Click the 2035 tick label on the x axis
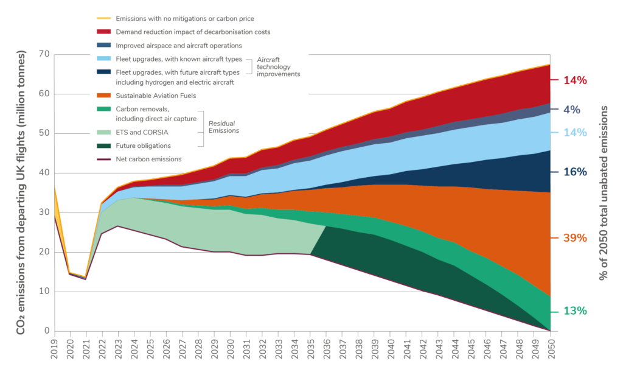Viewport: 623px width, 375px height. (x=311, y=349)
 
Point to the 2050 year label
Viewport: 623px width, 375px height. (x=550, y=349)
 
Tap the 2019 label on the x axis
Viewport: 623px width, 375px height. (x=54, y=349)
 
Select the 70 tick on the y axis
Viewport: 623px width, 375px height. (x=44, y=54)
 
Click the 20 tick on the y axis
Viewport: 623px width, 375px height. (x=44, y=251)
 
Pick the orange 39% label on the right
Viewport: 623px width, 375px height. (x=575, y=238)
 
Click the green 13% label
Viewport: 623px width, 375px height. (x=575, y=311)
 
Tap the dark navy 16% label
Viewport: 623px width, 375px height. (x=575, y=172)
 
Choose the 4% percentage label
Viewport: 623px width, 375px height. (x=572, y=110)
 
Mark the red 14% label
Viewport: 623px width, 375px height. (x=575, y=80)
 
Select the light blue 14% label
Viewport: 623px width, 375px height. (x=575, y=133)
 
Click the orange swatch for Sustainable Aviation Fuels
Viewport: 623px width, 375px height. (x=103, y=96)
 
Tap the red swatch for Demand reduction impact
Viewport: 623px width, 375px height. (x=103, y=32)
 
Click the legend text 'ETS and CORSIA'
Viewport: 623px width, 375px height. (x=142, y=133)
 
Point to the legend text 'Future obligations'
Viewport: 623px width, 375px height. (x=143, y=146)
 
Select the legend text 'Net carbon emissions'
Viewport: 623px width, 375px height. (x=148, y=159)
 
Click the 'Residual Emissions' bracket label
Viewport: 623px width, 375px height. (x=224, y=127)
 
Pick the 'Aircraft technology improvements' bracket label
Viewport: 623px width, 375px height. (x=278, y=67)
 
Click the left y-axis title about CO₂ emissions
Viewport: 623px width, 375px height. (x=21, y=192)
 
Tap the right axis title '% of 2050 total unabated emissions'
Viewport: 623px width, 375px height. (x=603, y=193)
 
